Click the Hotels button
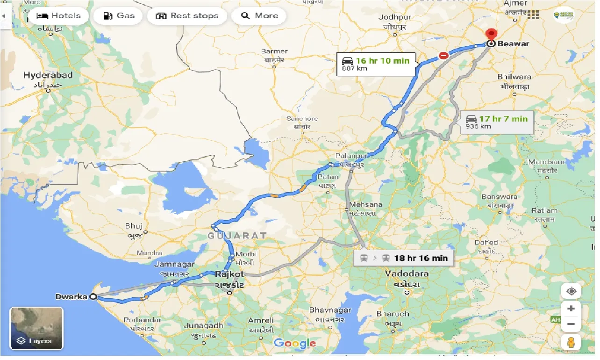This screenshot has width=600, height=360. [58, 16]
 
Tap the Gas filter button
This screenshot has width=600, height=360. [119, 16]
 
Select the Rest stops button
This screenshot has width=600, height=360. [187, 16]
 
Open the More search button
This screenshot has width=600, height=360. [259, 16]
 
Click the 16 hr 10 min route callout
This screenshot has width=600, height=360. [376, 64]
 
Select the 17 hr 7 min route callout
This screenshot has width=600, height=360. [496, 122]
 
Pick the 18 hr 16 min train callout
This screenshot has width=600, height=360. [403, 258]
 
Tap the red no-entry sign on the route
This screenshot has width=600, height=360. [443, 56]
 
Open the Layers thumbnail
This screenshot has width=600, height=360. [36, 328]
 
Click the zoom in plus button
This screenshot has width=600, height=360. [571, 309]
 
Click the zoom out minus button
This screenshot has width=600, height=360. [571, 324]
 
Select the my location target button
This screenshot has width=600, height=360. [571, 291]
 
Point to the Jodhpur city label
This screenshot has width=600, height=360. [395, 17]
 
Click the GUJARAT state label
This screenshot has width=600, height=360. [237, 236]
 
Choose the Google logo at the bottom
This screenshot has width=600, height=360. [294, 344]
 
